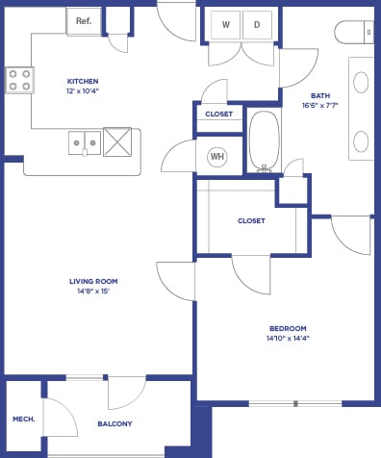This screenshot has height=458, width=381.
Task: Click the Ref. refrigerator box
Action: coord(83,19)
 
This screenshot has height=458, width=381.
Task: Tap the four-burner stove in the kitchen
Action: coord(19,80)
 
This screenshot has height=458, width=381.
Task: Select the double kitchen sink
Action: coord(84,143)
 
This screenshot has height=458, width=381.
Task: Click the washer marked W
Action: coord(225,24)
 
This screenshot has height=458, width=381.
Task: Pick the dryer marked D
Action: coord(257,24)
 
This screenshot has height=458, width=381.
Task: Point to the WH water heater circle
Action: coord(216,156)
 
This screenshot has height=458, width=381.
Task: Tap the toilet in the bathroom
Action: coord(357,32)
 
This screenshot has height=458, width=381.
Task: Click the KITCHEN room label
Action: coord(83,81)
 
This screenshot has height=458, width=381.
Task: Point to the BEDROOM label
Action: coord(287,328)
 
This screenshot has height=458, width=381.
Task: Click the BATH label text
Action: coord(320,95)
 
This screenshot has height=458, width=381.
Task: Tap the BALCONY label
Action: coord(114,423)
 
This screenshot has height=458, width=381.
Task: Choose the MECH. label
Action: coord(23,420)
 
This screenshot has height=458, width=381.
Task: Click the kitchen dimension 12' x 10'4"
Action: coord(83,91)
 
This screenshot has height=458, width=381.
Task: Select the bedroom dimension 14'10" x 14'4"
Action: coord(287,339)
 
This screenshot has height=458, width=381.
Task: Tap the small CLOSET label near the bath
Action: coord(219,114)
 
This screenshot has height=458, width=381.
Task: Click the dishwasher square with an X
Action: coord(118,141)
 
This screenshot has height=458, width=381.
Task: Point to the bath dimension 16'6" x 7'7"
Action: coord(320,106)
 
